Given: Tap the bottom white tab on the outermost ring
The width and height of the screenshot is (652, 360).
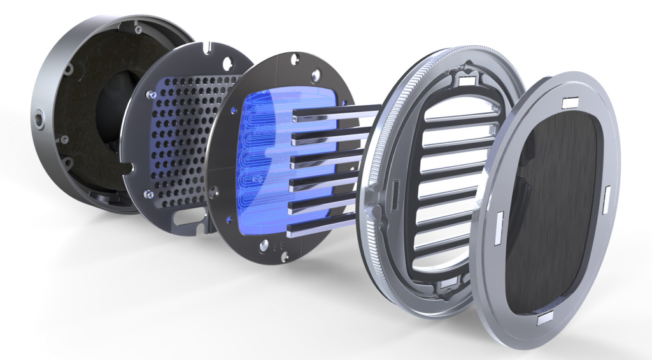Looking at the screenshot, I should point(547,318).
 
